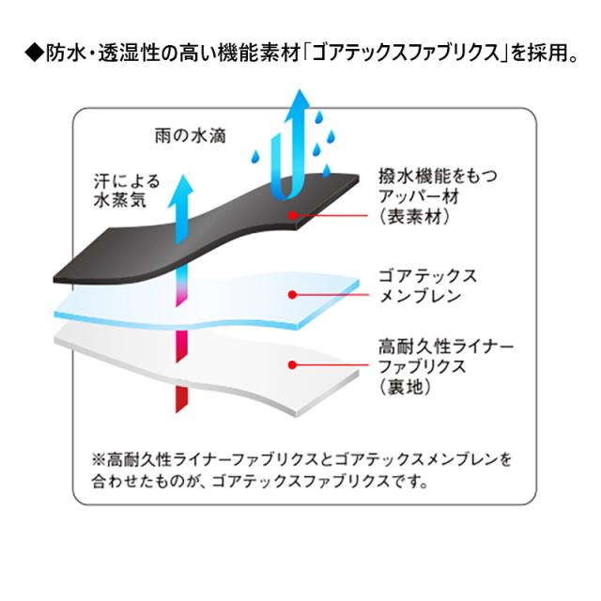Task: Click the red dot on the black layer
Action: click(294, 216)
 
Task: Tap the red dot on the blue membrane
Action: click(294, 295)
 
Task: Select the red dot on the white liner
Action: click(294, 364)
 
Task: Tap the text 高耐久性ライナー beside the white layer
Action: click(443, 347)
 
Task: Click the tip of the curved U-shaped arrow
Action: click(299, 100)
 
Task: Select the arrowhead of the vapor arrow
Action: click(183, 187)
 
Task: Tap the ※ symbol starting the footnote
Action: click(99, 461)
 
